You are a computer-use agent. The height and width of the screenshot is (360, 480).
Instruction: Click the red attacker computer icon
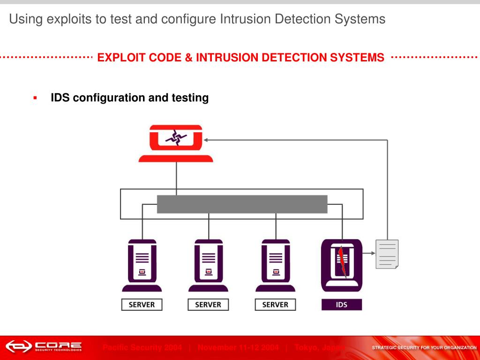coord(176,143)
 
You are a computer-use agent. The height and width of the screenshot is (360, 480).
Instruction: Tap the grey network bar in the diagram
coord(242,204)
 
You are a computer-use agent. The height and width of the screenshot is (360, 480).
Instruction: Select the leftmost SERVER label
coord(142,304)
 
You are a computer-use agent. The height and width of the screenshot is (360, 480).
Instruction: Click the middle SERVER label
coord(208,304)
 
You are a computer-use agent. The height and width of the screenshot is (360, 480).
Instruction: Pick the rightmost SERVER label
coord(275,304)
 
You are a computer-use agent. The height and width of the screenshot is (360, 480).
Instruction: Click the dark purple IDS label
coord(342,304)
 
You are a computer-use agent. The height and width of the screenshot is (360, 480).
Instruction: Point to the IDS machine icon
coord(342,265)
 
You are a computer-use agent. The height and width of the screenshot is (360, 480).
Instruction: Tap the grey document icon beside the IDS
coord(387,254)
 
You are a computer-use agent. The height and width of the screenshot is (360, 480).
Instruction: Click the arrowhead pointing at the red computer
coord(207,140)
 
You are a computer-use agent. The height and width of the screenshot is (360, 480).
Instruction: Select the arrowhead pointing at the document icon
coord(373,253)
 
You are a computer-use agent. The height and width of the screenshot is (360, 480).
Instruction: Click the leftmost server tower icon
coord(142,265)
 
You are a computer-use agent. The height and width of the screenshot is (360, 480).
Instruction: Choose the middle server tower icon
coord(208,265)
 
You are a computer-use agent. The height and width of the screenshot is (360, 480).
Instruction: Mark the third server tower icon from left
coord(275,265)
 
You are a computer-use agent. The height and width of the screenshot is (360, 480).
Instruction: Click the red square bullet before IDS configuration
coord(35,97)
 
